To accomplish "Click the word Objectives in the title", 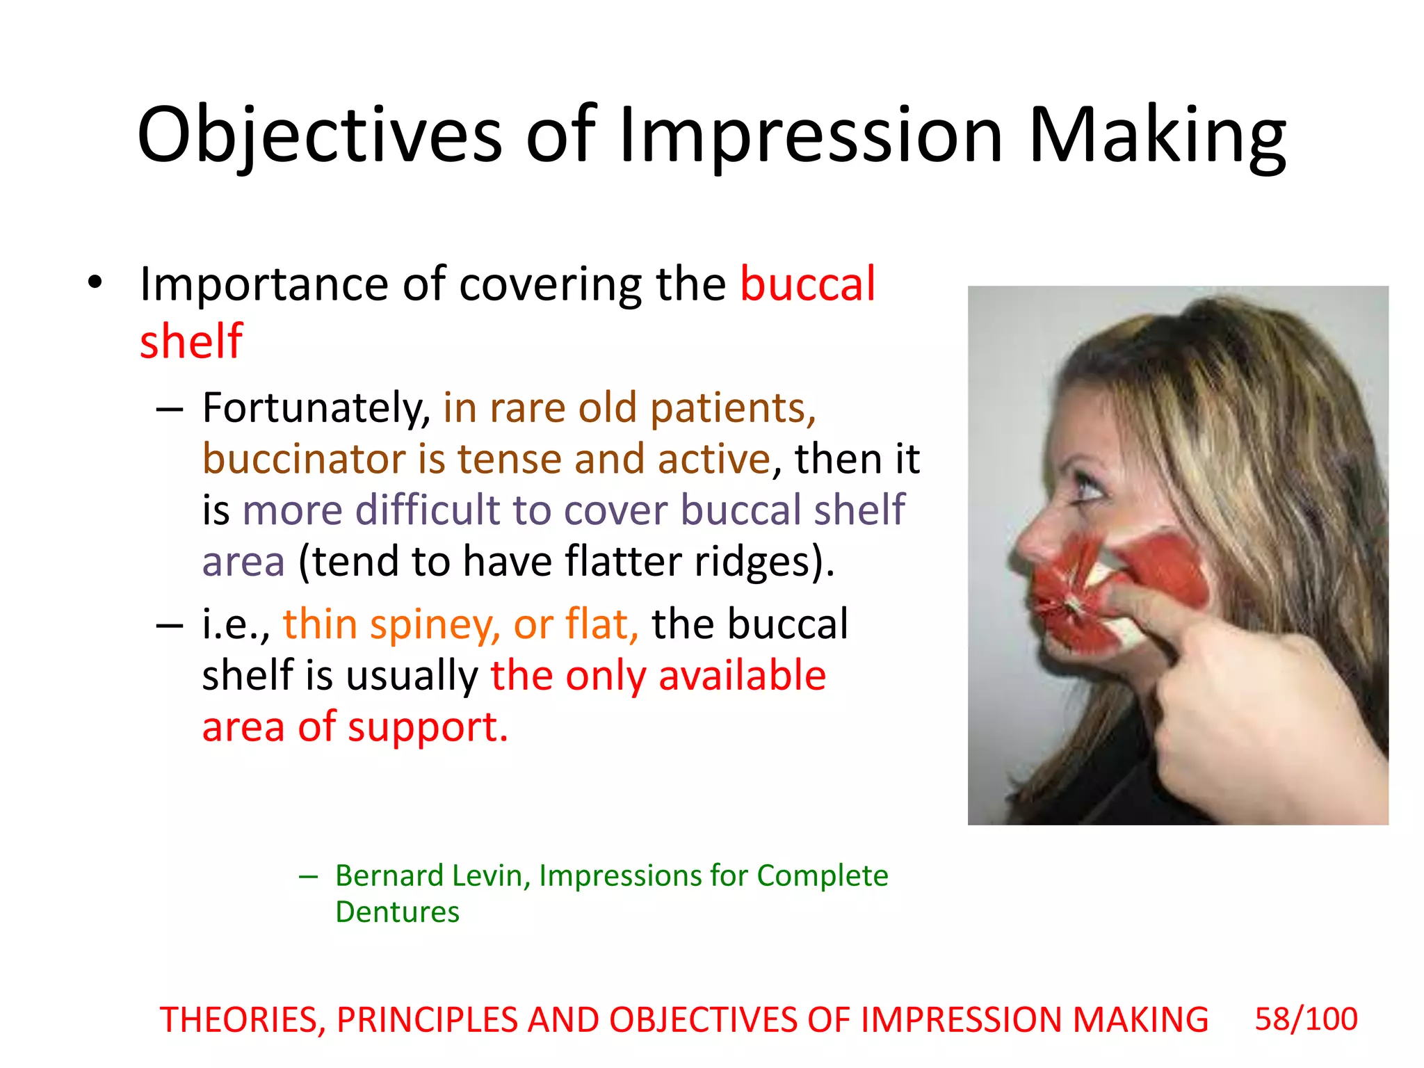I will coord(319,136).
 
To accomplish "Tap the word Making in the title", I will coord(1156,136).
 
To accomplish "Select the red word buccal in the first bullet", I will coord(807,284).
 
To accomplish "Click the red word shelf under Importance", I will coord(191,341).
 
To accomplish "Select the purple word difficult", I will coord(428,510).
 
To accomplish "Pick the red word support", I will coord(428,727).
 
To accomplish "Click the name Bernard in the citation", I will coord(389,875).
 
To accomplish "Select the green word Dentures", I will coord(397,912).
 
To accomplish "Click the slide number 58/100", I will coord(1306,1019).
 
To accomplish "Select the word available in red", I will coord(742,676).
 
